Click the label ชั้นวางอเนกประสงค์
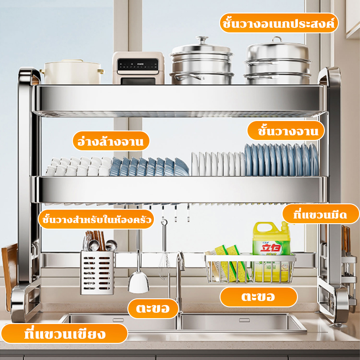click(279, 23)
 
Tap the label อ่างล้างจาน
click(111, 141)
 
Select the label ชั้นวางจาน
click(286, 130)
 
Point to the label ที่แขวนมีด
click(320, 214)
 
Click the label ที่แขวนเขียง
click(64, 333)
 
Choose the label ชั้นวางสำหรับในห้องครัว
click(96, 219)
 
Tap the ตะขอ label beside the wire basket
click(258, 297)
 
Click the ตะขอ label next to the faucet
click(153, 309)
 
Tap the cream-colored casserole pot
click(72, 72)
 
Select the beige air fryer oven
click(138, 68)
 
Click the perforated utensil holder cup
click(97, 273)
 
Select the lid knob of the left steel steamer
click(202, 40)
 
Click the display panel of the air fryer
click(138, 64)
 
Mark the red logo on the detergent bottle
click(271, 249)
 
